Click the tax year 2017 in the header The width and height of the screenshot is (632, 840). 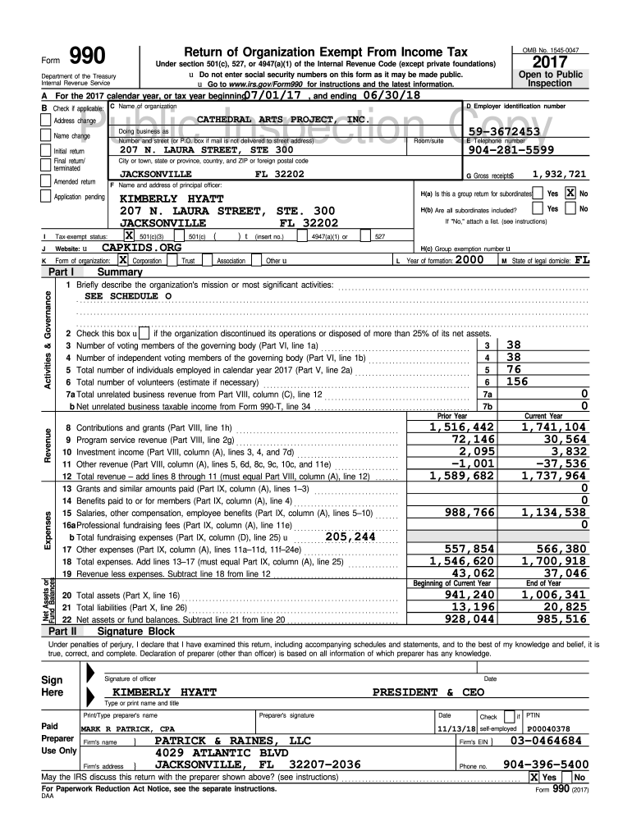[x=556, y=64]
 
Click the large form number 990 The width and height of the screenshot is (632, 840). [x=87, y=56]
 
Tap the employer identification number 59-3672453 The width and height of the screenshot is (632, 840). [x=503, y=131]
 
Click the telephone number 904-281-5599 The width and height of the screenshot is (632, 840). [x=511, y=149]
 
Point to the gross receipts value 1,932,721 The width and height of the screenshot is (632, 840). [x=559, y=174]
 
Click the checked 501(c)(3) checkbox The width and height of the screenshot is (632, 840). [x=129, y=235]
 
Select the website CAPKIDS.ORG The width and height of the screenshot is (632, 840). [x=141, y=246]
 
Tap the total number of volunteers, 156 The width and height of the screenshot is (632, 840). [x=518, y=381]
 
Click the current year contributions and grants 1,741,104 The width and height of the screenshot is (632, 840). [x=554, y=427]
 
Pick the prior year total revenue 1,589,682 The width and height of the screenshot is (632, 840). [x=462, y=475]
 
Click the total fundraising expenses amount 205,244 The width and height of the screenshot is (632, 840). [x=350, y=536]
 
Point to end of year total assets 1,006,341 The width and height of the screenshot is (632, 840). [x=554, y=595]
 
